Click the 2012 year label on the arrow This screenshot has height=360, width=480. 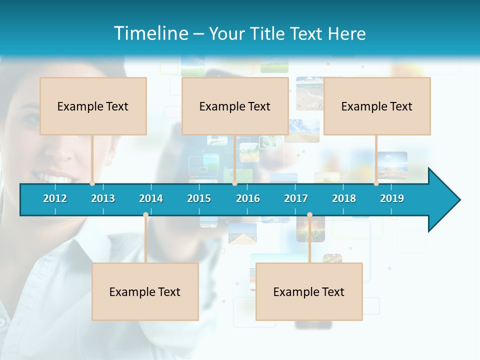(55, 198)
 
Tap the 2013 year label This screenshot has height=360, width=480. (103, 198)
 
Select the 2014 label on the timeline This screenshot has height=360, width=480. (151, 198)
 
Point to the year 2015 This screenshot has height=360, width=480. (199, 198)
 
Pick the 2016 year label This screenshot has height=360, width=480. (248, 198)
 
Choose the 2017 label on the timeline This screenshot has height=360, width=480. (296, 198)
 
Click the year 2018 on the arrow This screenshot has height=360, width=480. (344, 198)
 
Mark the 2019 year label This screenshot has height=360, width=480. (392, 198)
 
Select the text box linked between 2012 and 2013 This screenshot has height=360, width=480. (93, 106)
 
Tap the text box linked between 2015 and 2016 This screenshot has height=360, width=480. (235, 106)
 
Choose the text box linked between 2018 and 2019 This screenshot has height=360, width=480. (377, 106)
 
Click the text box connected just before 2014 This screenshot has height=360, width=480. (145, 291)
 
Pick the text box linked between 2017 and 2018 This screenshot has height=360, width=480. (309, 291)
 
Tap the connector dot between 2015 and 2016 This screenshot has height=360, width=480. (234, 183)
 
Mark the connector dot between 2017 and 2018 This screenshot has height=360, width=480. (309, 215)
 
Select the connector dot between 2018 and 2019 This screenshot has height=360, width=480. (376, 183)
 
